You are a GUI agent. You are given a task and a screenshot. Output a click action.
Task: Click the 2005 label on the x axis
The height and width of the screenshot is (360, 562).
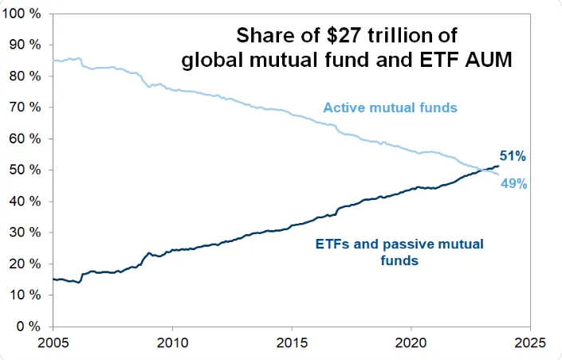(x=53, y=344)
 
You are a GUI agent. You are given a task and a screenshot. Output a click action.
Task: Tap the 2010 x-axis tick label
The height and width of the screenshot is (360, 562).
(x=172, y=344)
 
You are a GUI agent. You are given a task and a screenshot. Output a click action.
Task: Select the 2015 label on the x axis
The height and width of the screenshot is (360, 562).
(x=292, y=344)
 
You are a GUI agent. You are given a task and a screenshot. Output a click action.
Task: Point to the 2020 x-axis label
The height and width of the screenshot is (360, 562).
(x=411, y=344)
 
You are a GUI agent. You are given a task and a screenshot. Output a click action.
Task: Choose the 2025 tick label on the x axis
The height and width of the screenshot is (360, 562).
(x=530, y=344)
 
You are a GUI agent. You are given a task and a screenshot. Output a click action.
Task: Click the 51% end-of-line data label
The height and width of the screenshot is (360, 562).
(x=513, y=155)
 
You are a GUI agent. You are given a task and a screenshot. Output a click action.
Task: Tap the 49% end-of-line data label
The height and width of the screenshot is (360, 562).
(x=513, y=184)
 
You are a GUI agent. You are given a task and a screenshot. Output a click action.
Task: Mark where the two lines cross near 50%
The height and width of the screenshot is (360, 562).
(x=482, y=169)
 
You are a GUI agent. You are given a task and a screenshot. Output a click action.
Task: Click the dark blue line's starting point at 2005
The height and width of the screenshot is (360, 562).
(x=53, y=279)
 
